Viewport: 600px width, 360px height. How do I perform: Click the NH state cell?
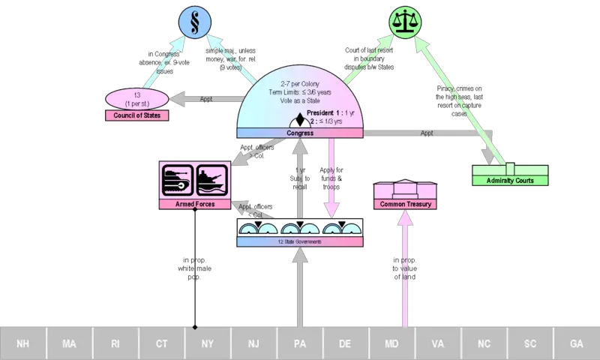[x=23, y=343]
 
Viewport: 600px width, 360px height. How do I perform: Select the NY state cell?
[x=208, y=343]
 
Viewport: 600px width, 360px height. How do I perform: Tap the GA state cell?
[x=576, y=343]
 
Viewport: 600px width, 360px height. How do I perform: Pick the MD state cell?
[x=392, y=343]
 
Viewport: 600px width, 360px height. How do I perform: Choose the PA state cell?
[x=300, y=343]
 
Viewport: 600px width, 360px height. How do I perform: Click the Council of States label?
[x=137, y=115]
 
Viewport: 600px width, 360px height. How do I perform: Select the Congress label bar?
[x=300, y=133]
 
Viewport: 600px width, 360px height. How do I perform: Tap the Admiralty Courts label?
[x=510, y=180]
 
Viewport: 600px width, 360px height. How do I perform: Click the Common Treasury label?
[x=405, y=204]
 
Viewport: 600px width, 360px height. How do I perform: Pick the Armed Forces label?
[x=194, y=204]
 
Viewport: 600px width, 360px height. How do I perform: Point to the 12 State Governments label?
[x=300, y=241]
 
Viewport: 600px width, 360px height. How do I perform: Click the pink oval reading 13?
[x=137, y=98]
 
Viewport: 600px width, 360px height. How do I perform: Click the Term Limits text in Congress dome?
[x=300, y=91]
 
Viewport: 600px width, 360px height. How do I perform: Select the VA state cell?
[x=438, y=343]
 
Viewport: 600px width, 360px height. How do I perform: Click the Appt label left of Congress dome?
[x=206, y=98]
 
